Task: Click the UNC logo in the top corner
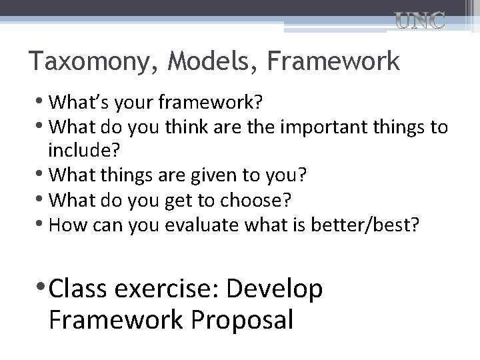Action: (x=421, y=21)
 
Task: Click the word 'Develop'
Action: (x=275, y=289)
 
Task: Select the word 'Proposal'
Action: (x=242, y=320)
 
